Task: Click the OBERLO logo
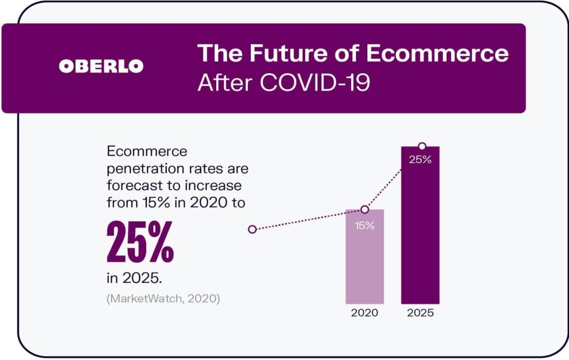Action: point(101,66)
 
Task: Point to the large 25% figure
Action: point(140,242)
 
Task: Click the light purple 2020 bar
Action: point(365,261)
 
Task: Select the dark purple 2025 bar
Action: point(421,233)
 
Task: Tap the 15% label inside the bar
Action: point(365,226)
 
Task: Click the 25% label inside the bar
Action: point(421,161)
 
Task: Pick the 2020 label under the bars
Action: point(365,313)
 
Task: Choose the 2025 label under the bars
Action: point(420,313)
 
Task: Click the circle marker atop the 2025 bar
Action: point(422,146)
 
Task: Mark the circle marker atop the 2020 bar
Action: point(365,209)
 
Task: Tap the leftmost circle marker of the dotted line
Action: point(252,229)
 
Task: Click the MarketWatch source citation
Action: point(163,298)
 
